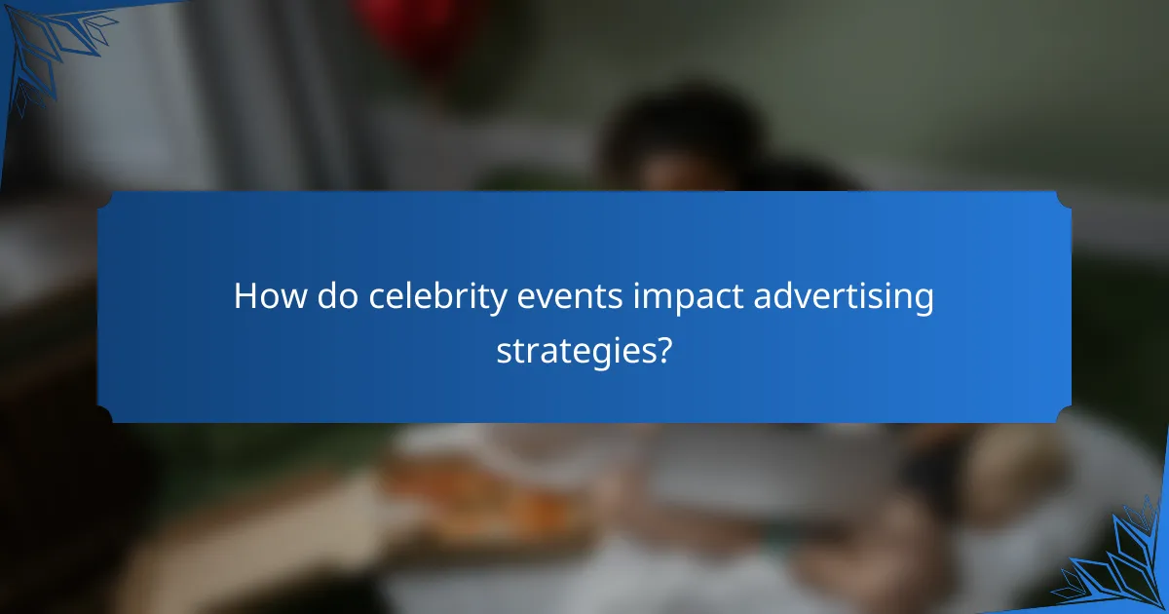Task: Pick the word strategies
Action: pyautogui.click(x=575, y=350)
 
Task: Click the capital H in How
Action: pyautogui.click(x=245, y=297)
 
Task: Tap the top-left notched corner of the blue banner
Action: pyautogui.click(x=104, y=198)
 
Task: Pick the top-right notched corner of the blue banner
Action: pyautogui.click(x=1064, y=198)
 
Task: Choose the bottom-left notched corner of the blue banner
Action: pyautogui.click(x=104, y=416)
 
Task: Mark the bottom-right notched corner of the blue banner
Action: pyautogui.click(x=1064, y=416)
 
